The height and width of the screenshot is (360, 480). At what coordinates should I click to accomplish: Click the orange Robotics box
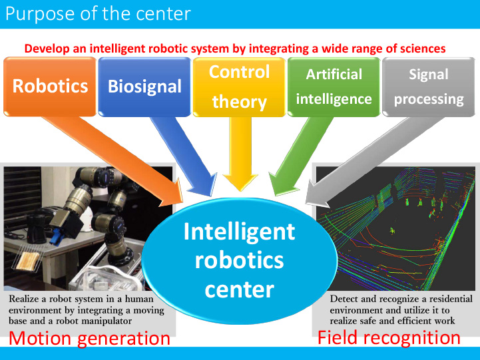click(x=50, y=87)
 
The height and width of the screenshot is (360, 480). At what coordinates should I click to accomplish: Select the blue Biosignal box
click(x=144, y=87)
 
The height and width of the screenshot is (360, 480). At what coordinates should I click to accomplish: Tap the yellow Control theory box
click(x=239, y=87)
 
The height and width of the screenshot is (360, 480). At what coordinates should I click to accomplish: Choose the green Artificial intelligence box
click(x=334, y=87)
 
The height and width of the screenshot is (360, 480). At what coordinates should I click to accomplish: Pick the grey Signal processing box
click(x=429, y=87)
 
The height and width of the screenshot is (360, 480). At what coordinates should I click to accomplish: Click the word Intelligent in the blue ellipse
click(x=240, y=232)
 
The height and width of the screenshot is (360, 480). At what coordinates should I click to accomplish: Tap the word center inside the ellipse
click(x=240, y=289)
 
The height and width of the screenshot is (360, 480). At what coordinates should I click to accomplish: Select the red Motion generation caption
click(x=89, y=339)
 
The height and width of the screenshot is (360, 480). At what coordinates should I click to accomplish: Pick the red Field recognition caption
click(x=389, y=338)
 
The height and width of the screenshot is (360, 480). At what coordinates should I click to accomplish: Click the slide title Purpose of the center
click(x=98, y=14)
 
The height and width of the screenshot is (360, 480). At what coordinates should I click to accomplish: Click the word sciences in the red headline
click(x=423, y=49)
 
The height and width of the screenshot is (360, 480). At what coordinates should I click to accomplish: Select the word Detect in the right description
click(x=341, y=299)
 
